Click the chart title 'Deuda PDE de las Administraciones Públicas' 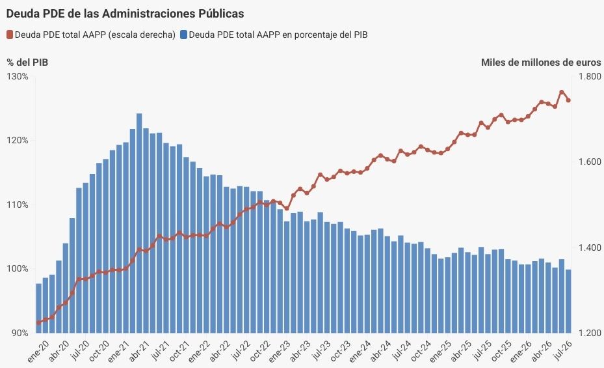pyautogui.click(x=125, y=14)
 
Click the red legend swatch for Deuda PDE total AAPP pyautogui.click(x=10, y=35)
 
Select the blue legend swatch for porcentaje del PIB pyautogui.click(x=184, y=35)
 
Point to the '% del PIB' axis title pyautogui.click(x=27, y=63)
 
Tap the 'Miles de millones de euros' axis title pyautogui.click(x=541, y=63)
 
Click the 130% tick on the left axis pyautogui.click(x=18, y=76)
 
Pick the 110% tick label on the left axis pyautogui.click(x=18, y=205)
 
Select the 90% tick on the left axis pyautogui.click(x=18, y=333)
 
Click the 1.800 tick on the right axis pyautogui.click(x=590, y=76)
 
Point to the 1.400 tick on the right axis pyautogui.click(x=590, y=248)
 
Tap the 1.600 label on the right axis pyautogui.click(x=590, y=162)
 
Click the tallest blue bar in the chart pyautogui.click(x=139, y=223)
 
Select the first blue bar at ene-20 pyautogui.click(x=38, y=308)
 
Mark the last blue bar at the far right pyautogui.click(x=568, y=302)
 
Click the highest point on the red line pyautogui.click(x=562, y=92)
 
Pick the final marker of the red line pyautogui.click(x=568, y=100)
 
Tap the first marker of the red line pyautogui.click(x=38, y=322)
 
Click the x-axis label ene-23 pyautogui.click(x=280, y=351)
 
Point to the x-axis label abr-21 pyautogui.click(x=139, y=351)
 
